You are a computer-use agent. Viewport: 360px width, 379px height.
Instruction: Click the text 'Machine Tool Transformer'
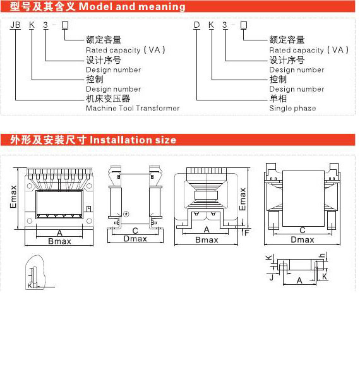click(x=133, y=108)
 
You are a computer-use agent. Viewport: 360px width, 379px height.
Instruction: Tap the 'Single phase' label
click(x=292, y=108)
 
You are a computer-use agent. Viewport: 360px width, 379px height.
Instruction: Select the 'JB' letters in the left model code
click(x=15, y=25)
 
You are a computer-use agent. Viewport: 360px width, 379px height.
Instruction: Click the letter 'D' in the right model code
click(x=197, y=25)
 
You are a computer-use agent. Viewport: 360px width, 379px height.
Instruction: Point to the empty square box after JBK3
click(x=65, y=25)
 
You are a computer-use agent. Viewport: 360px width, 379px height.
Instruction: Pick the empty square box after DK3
click(x=244, y=25)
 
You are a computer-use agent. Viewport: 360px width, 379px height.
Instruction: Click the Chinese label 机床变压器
click(x=108, y=99)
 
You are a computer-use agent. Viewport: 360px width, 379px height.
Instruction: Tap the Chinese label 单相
click(x=278, y=99)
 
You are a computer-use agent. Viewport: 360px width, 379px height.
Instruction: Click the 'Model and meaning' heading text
click(x=132, y=7)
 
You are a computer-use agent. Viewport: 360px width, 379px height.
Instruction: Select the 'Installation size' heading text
click(x=133, y=140)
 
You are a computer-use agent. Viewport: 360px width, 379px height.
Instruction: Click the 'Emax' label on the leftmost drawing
click(x=13, y=196)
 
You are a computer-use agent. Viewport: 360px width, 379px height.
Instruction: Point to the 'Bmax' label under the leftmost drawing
click(x=59, y=241)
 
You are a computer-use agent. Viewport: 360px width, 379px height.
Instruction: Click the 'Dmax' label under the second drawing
click(x=135, y=239)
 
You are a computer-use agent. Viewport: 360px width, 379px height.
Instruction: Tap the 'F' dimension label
click(x=247, y=232)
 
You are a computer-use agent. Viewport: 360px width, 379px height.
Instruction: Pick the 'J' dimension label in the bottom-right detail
click(x=272, y=277)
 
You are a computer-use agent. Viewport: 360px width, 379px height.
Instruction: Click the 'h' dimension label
click(x=323, y=255)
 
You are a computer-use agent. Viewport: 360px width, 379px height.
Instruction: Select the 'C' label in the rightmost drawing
click(x=303, y=230)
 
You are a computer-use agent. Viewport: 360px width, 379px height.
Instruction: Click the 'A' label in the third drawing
click(x=207, y=229)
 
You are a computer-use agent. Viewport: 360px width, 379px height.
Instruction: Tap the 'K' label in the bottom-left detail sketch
click(x=30, y=286)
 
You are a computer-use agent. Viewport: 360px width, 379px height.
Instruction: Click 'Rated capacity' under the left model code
click(x=113, y=51)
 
